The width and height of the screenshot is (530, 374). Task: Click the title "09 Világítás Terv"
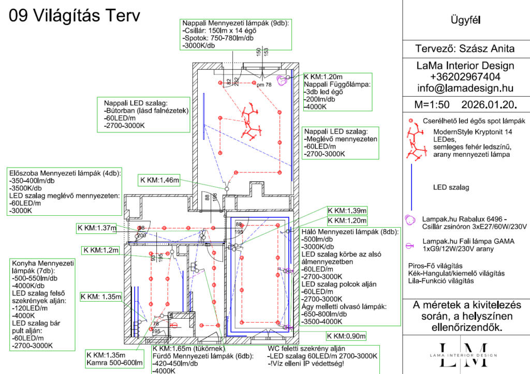[x=75, y=16]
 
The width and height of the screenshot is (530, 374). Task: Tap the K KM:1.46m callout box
[x=159, y=180]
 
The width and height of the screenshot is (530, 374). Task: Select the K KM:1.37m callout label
[x=97, y=228]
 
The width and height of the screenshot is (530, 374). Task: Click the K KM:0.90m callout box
[x=346, y=336]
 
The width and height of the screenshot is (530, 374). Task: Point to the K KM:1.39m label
[x=347, y=211]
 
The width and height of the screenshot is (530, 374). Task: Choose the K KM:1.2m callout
[x=100, y=250]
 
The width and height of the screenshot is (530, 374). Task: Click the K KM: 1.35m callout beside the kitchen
[x=101, y=297]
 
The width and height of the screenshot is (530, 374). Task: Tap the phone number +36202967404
[x=465, y=77]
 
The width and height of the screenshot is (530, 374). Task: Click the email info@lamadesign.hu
[x=465, y=88]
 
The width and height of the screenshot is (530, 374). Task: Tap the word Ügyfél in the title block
[x=466, y=21]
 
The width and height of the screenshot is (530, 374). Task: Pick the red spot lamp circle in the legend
[x=411, y=121]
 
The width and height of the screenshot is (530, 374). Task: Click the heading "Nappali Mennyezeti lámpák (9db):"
[x=235, y=23]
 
